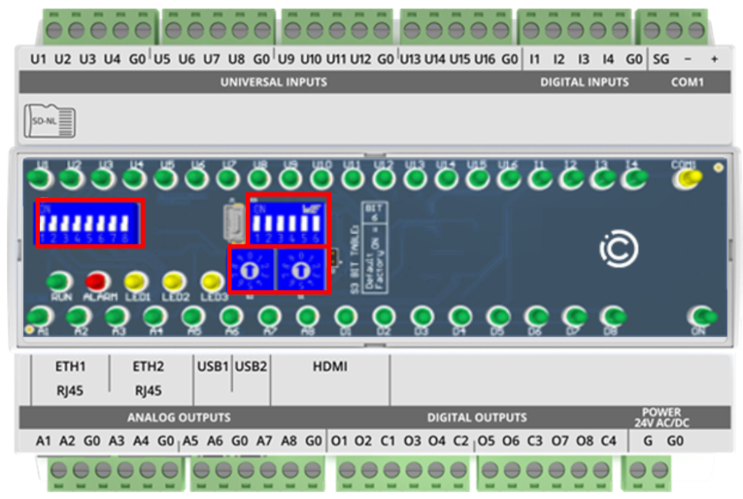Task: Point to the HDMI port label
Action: coord(330,367)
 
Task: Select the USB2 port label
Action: coord(251,367)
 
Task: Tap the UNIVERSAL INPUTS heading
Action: coord(274,82)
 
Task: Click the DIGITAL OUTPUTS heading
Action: coord(477,418)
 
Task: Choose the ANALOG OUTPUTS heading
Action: coord(178,418)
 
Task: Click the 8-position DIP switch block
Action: coord(90,223)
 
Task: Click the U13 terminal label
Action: coord(410,59)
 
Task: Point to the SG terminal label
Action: coord(661,59)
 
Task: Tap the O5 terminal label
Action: coord(485,441)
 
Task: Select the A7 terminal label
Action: coord(264,441)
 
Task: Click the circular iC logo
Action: coord(618,249)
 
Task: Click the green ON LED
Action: coord(701,316)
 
